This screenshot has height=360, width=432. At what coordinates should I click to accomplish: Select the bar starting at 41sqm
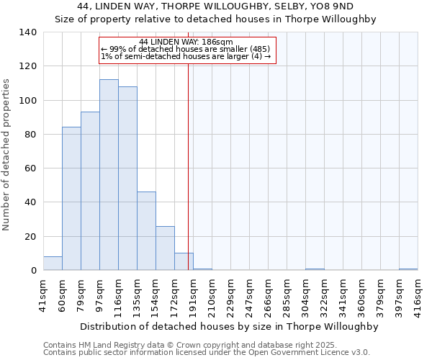click(53, 264)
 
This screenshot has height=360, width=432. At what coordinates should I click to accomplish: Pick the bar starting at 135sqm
click(146, 231)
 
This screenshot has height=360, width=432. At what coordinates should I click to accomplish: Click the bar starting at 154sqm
click(165, 248)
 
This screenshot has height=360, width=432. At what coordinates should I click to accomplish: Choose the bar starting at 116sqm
click(127, 179)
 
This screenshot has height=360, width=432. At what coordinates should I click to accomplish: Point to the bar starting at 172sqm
click(184, 262)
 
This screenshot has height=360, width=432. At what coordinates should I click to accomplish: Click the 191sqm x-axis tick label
click(193, 294)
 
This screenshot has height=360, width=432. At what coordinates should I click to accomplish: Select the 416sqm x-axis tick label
click(418, 294)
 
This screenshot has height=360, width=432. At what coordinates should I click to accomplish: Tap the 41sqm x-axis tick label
click(43, 294)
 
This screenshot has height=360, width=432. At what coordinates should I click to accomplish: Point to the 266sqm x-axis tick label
click(268, 294)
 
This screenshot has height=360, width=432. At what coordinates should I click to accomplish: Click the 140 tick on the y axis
click(28, 32)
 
